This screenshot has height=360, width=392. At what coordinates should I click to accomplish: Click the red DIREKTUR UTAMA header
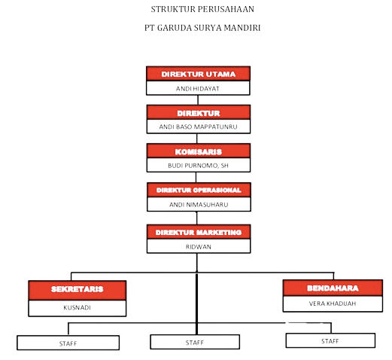pos(198,74)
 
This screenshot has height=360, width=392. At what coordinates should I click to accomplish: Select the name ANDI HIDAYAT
pos(198,89)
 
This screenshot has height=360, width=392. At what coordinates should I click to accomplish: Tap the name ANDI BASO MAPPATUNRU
pos(198,127)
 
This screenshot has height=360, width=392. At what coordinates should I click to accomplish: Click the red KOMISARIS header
pos(199,151)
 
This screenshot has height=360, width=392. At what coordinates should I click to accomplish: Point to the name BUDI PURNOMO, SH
pos(198,166)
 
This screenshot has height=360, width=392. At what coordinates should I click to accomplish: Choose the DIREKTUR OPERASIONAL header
pos(199,190)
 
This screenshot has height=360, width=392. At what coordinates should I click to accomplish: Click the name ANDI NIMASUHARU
pos(199,205)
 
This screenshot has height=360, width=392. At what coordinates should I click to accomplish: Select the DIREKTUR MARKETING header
pos(199,232)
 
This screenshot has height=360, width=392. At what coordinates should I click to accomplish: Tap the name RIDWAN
pos(199,247)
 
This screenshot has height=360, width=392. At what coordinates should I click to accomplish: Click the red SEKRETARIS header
pos(77,290)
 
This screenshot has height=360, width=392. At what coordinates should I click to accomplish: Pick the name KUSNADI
pos(77,307)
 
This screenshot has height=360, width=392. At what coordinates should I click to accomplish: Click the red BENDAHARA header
pos(333,288)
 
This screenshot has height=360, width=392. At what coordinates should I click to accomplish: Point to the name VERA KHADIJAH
pos(333,304)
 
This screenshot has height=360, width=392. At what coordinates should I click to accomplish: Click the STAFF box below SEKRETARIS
pos(68,343)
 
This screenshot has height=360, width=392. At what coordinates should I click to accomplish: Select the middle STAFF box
pos(195,342)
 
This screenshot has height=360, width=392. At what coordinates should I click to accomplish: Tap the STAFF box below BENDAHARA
pos(330,340)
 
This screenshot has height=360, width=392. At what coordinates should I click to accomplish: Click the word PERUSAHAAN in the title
pos(226,9)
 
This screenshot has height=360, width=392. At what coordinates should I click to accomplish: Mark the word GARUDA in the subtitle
pos(175,28)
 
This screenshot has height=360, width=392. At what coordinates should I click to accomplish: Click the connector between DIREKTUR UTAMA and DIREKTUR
pos(198,100)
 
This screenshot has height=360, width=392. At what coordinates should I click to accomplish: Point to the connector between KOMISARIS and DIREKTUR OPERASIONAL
pos(196,178)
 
